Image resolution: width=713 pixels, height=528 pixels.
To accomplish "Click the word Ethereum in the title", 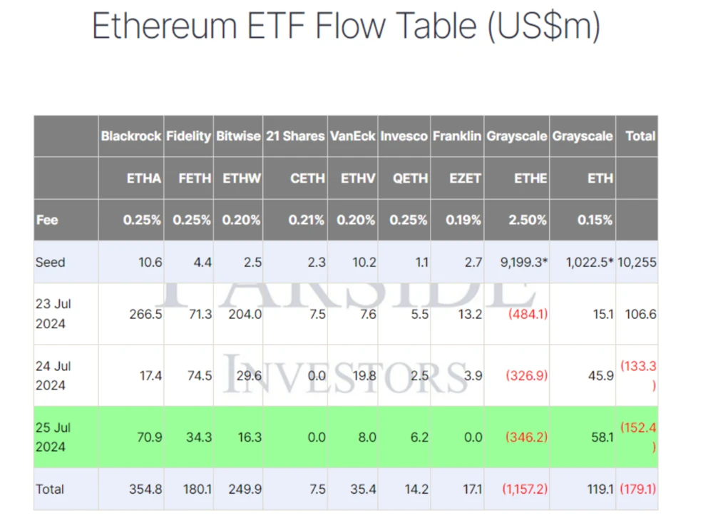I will [165, 26].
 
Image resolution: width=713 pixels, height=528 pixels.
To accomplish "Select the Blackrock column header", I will [130, 136].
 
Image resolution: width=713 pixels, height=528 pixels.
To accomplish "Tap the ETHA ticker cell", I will [144, 178].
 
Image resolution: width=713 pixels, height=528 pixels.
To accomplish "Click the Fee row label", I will [47, 220].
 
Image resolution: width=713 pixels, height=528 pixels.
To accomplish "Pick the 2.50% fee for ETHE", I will [528, 220].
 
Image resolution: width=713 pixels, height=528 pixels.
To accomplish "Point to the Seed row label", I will [50, 262].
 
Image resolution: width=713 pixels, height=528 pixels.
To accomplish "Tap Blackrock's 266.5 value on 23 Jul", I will [147, 314].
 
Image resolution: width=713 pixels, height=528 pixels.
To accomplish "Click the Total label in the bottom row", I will [50, 489].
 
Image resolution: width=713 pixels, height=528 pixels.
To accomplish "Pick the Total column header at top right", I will [640, 136].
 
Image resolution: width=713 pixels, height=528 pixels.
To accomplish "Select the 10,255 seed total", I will [637, 262].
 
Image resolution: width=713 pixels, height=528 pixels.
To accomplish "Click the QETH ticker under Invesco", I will [411, 178].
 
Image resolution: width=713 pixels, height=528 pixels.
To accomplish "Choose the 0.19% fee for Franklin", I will [463, 220].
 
